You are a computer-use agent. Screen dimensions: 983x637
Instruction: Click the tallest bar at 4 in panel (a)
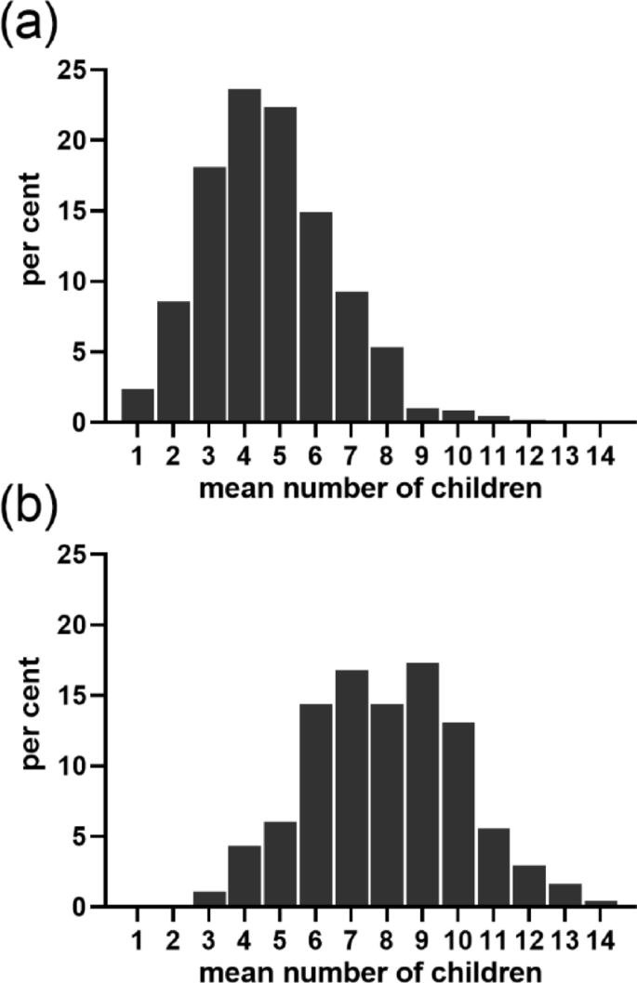click(x=245, y=256)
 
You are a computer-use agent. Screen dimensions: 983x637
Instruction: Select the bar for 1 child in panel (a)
click(x=138, y=406)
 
